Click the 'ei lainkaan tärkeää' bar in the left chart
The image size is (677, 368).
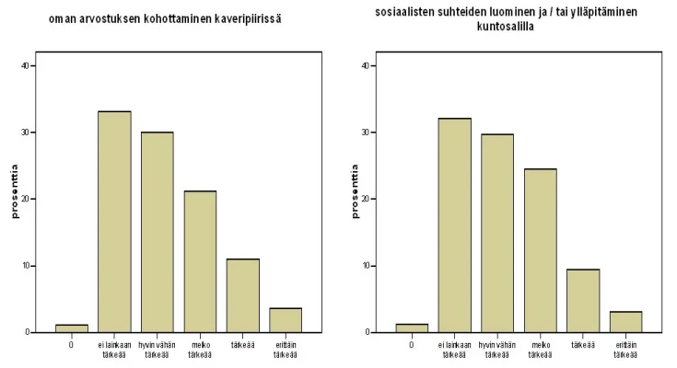tap(114, 222)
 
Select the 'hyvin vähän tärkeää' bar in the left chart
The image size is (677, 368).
tap(157, 232)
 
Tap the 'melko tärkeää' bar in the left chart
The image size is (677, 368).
tap(200, 261)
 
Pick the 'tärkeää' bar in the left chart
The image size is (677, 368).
tap(243, 295)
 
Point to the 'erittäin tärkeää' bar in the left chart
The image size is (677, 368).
tap(286, 320)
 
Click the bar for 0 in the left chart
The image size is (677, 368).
tap(72, 328)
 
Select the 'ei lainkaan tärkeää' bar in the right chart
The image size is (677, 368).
tap(455, 225)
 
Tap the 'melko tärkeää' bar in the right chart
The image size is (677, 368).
tap(541, 250)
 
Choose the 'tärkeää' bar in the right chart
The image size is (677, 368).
tap(583, 300)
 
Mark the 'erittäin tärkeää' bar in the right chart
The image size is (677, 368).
tap(625, 321)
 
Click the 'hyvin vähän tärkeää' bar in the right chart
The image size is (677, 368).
tap(497, 233)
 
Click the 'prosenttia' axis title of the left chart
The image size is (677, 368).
tap(15, 192)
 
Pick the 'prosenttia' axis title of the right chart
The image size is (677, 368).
tap(355, 192)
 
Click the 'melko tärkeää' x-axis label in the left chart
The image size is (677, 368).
tap(200, 351)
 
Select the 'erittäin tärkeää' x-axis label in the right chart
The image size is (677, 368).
tap(625, 351)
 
